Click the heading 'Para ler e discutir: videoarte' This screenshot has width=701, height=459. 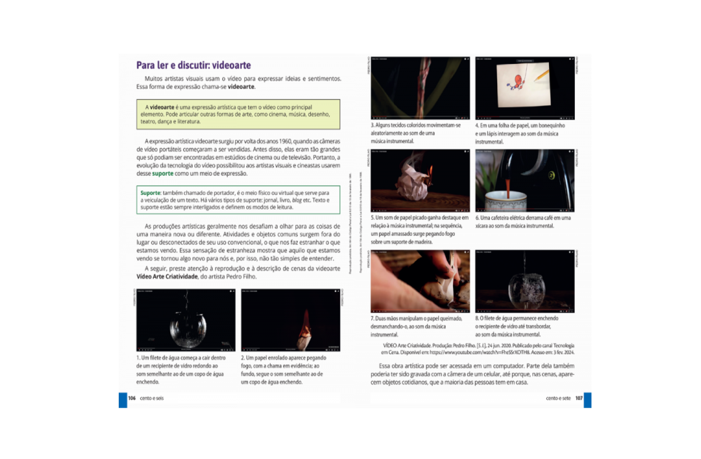[x=193, y=65]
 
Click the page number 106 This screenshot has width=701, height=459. [x=132, y=398]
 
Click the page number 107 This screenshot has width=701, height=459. [x=579, y=398]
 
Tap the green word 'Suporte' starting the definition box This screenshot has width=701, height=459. [x=150, y=193]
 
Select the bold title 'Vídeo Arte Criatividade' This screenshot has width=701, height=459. [x=167, y=277]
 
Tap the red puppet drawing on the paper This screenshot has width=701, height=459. [x=517, y=82]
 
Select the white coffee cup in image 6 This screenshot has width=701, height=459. [x=506, y=201]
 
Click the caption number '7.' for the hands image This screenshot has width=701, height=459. [x=372, y=318]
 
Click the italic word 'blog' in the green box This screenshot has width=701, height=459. [x=297, y=200]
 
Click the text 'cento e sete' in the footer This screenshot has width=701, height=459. [x=558, y=398]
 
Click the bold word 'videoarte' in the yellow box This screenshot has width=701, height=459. [x=162, y=107]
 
